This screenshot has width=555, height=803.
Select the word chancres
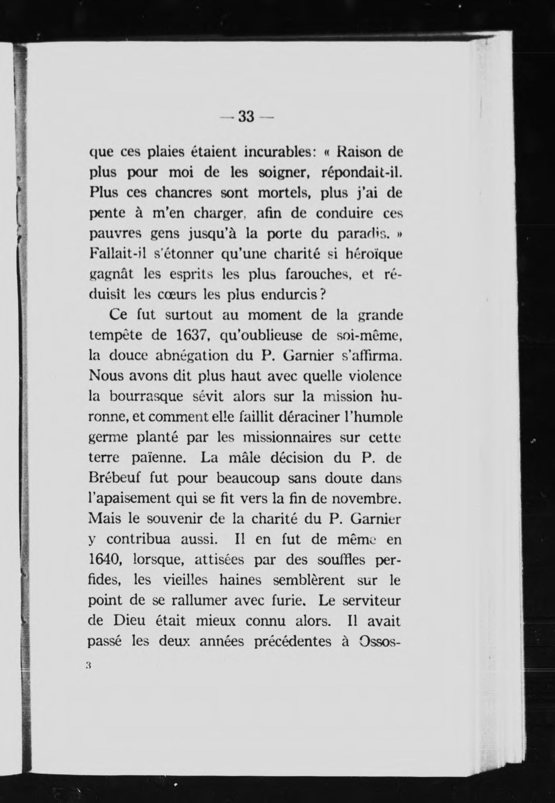click(x=184, y=193)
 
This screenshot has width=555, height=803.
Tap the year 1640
click(x=105, y=560)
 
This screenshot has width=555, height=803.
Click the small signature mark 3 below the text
click(x=88, y=665)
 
